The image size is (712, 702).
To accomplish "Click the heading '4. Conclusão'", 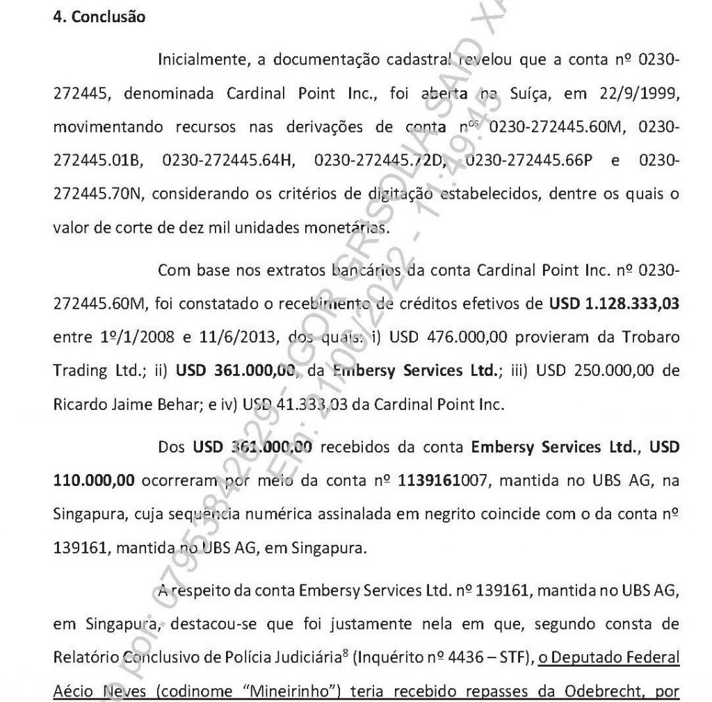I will [99, 17].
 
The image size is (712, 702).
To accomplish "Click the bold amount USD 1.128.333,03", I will [613, 304].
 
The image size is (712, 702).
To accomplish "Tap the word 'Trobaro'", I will [647, 337].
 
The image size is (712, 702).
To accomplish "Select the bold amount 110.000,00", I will [94, 480].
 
